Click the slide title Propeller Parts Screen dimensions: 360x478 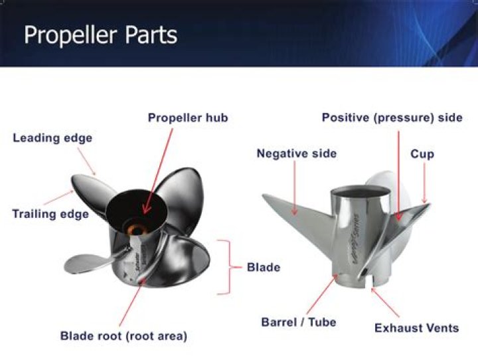click(100, 35)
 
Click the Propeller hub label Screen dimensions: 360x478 click(187, 118)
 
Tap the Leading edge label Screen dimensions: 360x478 click(52, 138)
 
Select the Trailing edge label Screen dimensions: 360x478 click(50, 214)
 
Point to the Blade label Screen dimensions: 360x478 click(264, 268)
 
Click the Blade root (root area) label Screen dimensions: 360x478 click(124, 336)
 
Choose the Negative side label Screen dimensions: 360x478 click(296, 153)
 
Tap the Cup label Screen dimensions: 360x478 click(422, 153)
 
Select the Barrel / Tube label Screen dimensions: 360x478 click(298, 322)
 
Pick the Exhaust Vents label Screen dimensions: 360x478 click(416, 327)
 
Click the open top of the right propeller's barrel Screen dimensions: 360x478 click(360, 193)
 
